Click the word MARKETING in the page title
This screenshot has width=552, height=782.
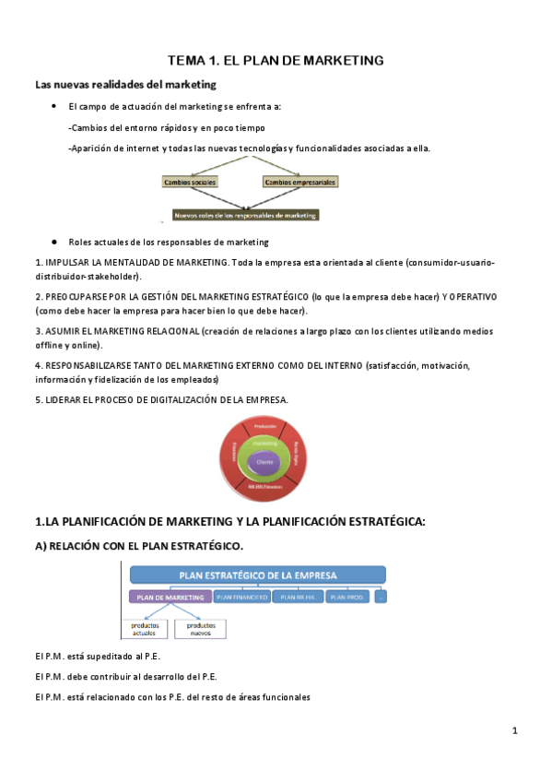(x=341, y=61)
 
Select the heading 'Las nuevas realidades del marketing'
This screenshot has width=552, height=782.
(x=125, y=85)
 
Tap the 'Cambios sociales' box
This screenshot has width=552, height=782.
(x=190, y=183)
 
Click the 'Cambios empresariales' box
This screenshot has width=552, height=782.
(x=300, y=183)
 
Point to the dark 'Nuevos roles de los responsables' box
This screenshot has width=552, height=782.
(x=245, y=215)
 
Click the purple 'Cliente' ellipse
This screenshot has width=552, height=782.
(x=265, y=461)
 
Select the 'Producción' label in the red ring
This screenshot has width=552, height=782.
(x=265, y=426)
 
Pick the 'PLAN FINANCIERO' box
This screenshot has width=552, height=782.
(x=241, y=597)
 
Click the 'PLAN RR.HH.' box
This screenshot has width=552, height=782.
(x=297, y=597)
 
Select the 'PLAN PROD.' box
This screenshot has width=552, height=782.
(x=348, y=597)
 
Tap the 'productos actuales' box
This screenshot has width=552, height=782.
(x=143, y=628)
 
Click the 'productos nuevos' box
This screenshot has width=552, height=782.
(x=200, y=628)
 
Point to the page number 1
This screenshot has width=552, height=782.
(x=515, y=730)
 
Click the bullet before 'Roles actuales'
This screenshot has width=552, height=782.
(x=55, y=242)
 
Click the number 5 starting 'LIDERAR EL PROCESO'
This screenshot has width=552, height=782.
(x=37, y=399)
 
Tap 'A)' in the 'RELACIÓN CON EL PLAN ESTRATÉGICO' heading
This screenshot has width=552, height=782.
(x=41, y=546)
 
